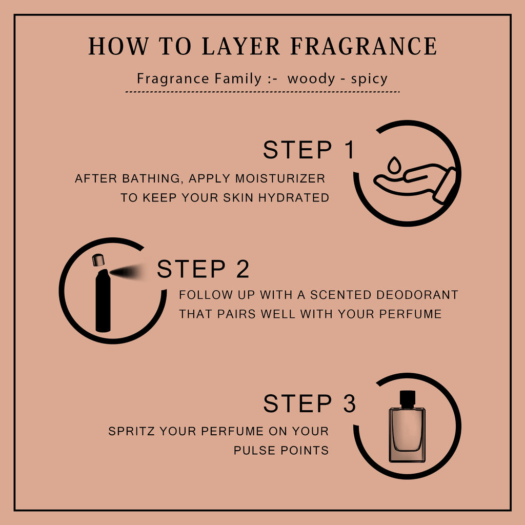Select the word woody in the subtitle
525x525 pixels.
(x=311, y=79)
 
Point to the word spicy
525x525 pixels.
(x=369, y=79)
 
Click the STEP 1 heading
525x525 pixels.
(x=309, y=150)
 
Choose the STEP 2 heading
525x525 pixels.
(x=203, y=269)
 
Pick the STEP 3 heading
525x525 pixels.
(x=309, y=403)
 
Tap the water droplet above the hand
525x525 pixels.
(x=394, y=165)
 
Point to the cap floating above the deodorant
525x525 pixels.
(x=98, y=260)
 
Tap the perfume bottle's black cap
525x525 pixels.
(x=408, y=399)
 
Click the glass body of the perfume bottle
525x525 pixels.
(x=407, y=435)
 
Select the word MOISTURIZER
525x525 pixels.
(x=280, y=178)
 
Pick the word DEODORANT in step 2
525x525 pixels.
(x=417, y=295)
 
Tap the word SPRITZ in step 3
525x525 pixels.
(x=132, y=431)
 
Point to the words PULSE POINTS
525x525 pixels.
(x=281, y=450)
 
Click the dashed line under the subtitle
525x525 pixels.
(x=262, y=91)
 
